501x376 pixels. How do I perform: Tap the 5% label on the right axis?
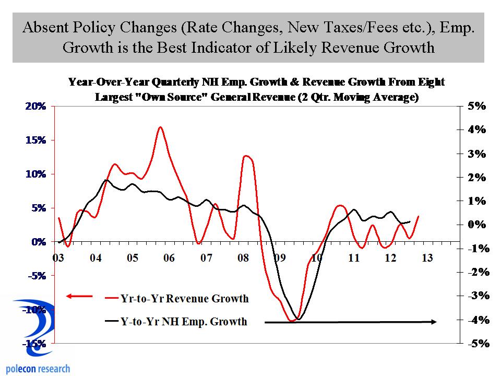476,106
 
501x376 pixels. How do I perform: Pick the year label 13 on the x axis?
427,258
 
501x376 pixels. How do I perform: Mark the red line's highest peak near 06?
160,127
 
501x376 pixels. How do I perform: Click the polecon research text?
35,368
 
